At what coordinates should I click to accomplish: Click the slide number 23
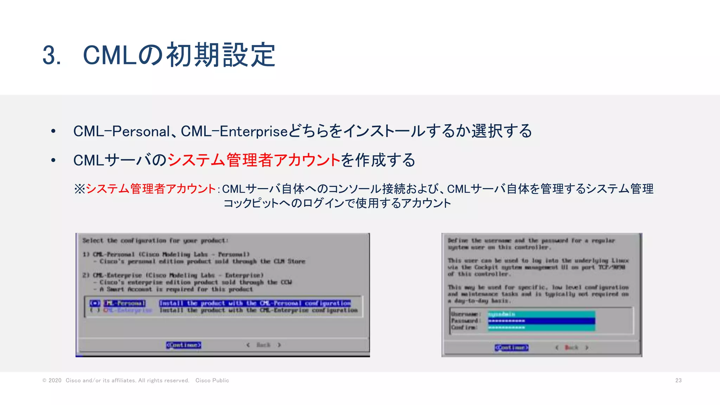tap(678, 380)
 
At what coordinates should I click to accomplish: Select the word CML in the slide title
tap(110, 56)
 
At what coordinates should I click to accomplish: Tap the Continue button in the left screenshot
tap(184, 345)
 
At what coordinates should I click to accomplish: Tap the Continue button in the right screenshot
tap(512, 347)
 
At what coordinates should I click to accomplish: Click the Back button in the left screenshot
tap(263, 345)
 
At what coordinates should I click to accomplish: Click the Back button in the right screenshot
tap(572, 347)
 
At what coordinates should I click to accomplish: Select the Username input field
tap(541, 314)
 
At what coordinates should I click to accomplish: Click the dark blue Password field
tap(541, 321)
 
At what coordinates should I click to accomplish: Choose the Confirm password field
tap(541, 327)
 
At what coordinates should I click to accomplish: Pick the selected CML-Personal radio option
tap(95, 303)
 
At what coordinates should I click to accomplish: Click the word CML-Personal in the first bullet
tap(121, 131)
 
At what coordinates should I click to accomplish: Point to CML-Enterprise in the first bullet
tap(234, 131)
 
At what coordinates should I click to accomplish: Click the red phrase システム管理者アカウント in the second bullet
tap(253, 160)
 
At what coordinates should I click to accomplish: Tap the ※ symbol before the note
tap(79, 189)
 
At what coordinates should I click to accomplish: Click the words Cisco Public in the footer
tap(212, 380)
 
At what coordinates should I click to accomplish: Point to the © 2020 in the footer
tap(52, 380)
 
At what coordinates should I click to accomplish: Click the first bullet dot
tap(53, 131)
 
